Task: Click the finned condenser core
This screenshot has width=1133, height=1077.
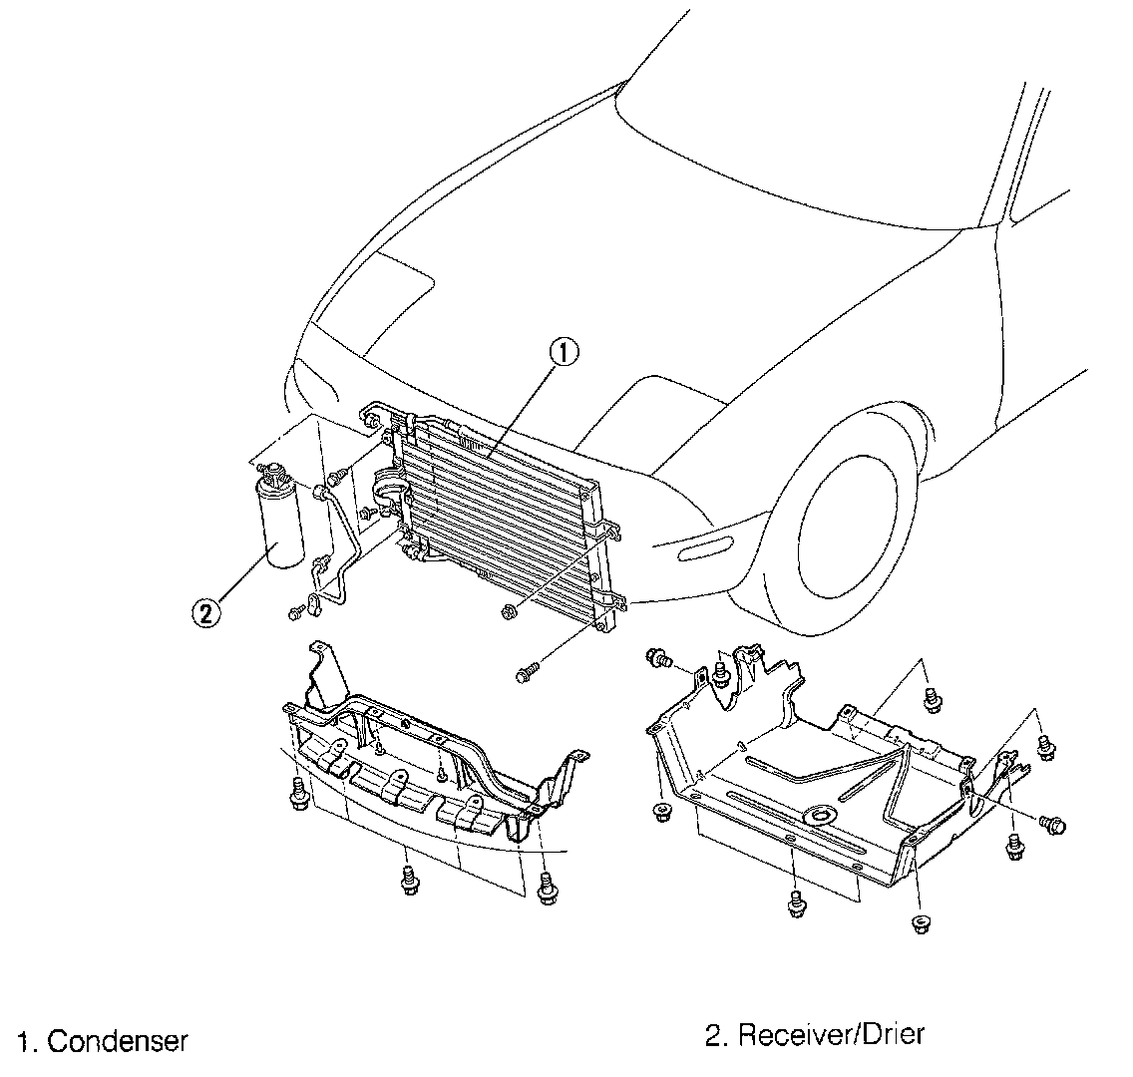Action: click(x=499, y=519)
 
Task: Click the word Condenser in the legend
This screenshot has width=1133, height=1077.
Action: click(x=118, y=1042)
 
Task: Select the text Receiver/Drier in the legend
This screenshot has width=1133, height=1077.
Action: click(x=831, y=1034)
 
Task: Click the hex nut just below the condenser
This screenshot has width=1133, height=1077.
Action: click(x=508, y=609)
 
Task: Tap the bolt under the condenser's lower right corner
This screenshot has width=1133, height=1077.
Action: click(x=526, y=675)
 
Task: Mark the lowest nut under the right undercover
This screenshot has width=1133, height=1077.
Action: click(x=919, y=921)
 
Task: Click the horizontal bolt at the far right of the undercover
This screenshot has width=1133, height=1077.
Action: click(x=1053, y=824)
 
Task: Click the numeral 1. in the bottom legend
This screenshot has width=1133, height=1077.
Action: click(x=27, y=1043)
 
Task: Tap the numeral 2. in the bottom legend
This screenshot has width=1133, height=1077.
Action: click(x=715, y=1035)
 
